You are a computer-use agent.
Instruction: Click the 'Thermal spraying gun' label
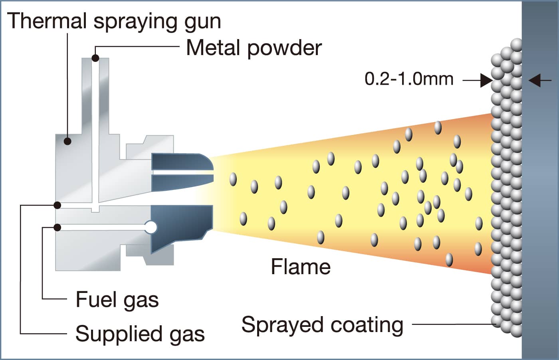coord(114,21)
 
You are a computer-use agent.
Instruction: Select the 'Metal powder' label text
coord(254,48)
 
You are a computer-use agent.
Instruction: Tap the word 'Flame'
coord(301,267)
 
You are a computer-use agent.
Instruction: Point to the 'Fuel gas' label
coord(117,300)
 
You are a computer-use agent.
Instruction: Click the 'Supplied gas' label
coord(140,334)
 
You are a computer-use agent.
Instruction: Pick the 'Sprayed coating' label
coord(322,325)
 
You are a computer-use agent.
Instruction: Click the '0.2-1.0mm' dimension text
coord(409,79)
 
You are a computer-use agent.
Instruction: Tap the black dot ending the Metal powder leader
coord(95,58)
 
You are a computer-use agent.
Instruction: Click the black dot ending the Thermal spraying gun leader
coord(68,141)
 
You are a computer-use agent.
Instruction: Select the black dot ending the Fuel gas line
coord(57,227)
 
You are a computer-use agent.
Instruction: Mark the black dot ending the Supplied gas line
coord(57,205)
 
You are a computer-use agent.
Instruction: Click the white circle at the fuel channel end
coord(151,227)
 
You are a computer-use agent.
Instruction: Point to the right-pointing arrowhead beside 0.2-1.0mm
coord(486,81)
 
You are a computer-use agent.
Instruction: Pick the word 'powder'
coord(284,48)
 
